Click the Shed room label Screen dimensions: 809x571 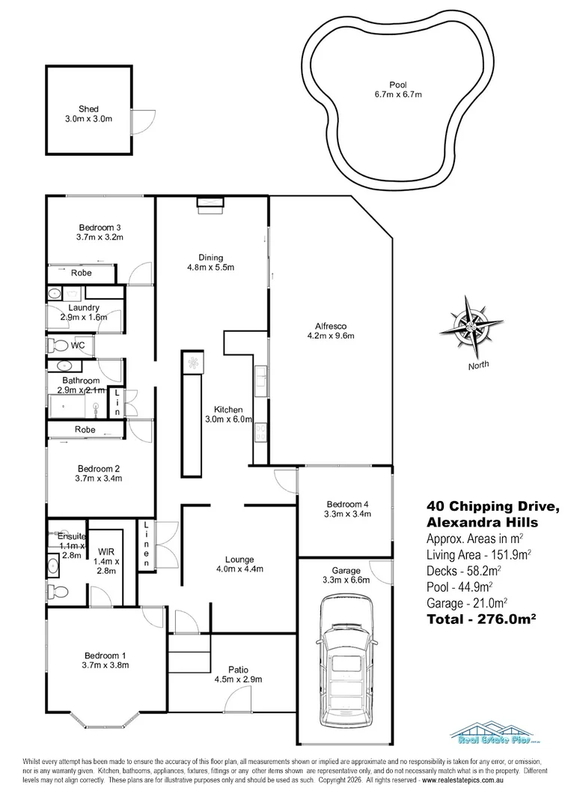(x=88, y=109)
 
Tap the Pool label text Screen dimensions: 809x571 (x=397, y=85)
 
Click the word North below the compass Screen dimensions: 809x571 (x=479, y=366)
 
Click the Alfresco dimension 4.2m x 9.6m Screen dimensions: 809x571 (x=329, y=336)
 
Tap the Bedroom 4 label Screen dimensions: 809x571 (x=345, y=504)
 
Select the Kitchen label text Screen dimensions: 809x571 (x=228, y=410)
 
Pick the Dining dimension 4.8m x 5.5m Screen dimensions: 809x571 (x=210, y=267)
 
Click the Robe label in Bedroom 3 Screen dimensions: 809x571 (x=82, y=273)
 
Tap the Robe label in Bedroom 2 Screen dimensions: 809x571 (x=85, y=430)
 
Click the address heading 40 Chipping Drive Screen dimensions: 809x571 (x=480, y=506)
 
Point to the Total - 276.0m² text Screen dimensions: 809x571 (x=483, y=619)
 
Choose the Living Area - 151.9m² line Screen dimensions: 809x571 (x=479, y=555)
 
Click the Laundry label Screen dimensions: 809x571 (x=84, y=308)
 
